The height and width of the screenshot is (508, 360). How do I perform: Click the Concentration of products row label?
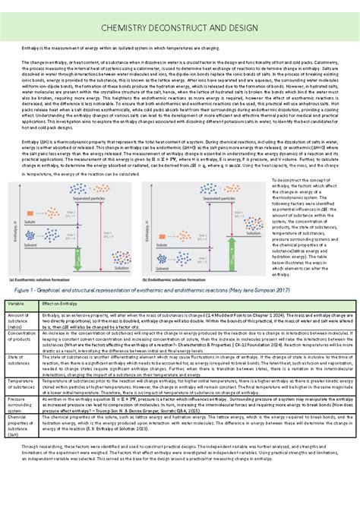[21, 336]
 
